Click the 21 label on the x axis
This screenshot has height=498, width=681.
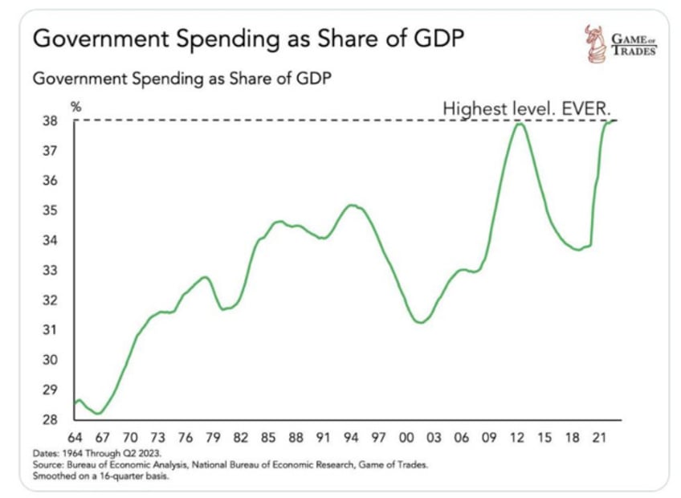pos(597,439)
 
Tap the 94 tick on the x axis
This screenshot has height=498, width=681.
pos(351,439)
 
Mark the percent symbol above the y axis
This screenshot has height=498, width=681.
pos(76,106)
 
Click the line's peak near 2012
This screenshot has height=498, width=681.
pos(520,124)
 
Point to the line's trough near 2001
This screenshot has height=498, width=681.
pos(418,323)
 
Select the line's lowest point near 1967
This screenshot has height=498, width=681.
pos(99,413)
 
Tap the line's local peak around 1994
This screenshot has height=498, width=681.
pos(350,205)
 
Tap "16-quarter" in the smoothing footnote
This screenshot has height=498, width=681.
pos(124,474)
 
